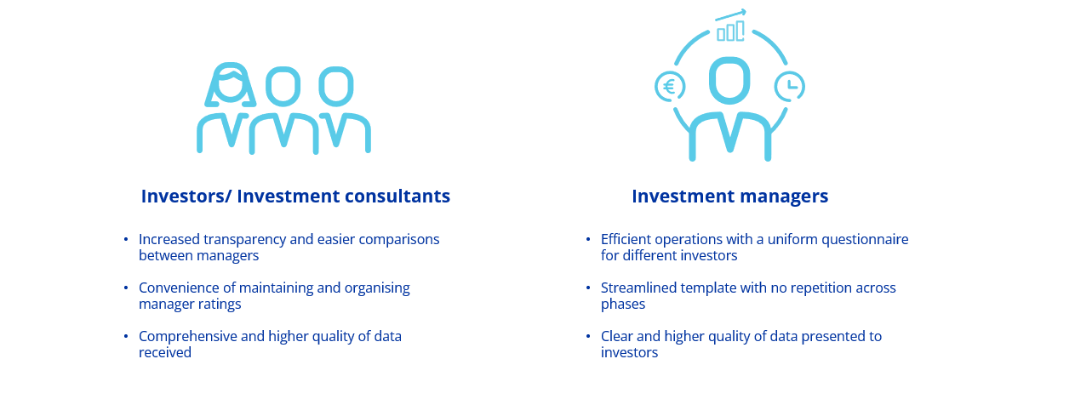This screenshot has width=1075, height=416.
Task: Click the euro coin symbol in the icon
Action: pos(669,87)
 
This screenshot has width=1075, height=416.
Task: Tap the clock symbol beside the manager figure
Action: pos(790,86)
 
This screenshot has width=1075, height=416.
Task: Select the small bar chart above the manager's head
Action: pos(730,31)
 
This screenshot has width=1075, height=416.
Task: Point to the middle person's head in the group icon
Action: pos(283,84)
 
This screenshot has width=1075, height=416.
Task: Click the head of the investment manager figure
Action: pos(729,80)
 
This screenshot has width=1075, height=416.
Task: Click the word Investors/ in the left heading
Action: pos(186,197)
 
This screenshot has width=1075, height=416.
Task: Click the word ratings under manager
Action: pos(220,304)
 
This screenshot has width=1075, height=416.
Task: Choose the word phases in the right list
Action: pos(623,304)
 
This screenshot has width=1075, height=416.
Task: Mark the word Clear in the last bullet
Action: pos(618,336)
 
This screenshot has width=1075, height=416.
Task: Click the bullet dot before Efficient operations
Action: pos(587,239)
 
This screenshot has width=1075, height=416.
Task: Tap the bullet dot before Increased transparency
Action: pos(126,239)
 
